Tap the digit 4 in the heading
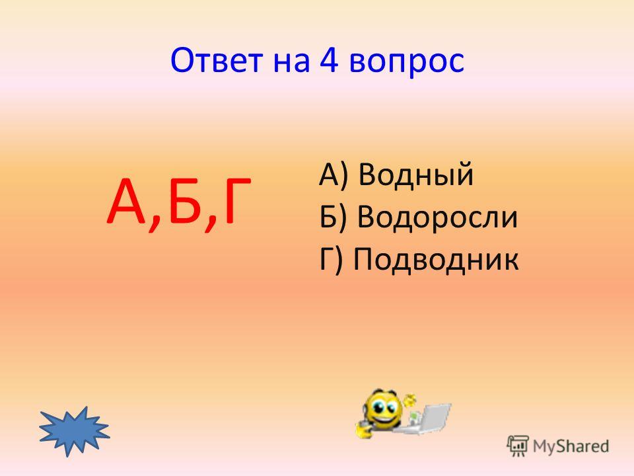(329, 60)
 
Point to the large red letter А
(127, 202)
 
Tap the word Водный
(416, 175)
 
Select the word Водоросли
(437, 217)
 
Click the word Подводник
(436, 259)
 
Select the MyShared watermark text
(571, 446)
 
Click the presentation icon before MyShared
(518, 446)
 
